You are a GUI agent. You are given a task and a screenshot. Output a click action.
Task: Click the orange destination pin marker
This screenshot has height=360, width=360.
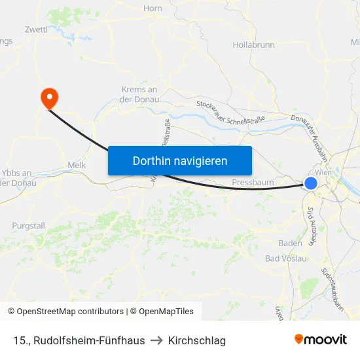[49, 98]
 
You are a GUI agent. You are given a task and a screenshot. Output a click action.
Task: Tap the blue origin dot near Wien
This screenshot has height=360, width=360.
[311, 183]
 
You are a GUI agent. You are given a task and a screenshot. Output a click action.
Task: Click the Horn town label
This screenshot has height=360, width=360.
[153, 9]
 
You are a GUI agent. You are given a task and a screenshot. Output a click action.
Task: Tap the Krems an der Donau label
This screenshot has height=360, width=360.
[139, 94]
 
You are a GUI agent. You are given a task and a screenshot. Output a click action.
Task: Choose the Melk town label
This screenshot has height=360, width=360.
[77, 166]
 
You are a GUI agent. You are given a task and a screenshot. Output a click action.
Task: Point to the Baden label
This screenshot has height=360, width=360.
[290, 243]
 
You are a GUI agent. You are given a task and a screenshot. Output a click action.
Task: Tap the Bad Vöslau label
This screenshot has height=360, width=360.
[286, 259]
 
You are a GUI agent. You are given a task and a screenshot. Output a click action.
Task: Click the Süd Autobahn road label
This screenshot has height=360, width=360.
[312, 226]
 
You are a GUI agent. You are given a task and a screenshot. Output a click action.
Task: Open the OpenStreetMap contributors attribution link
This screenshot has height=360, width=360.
[65, 312]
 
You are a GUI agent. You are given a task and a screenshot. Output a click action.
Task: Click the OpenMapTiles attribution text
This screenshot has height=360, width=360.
[164, 312]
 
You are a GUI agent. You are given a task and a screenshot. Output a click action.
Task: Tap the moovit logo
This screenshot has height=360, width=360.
[321, 339]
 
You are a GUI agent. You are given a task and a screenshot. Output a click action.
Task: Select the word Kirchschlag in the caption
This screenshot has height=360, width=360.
[197, 340]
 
